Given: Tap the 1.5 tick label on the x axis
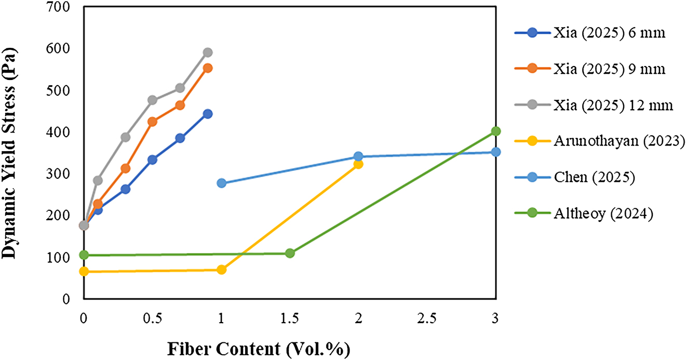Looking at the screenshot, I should (x=289, y=318).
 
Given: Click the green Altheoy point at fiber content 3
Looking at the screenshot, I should (x=495, y=131).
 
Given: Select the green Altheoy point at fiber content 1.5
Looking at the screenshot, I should (x=290, y=253).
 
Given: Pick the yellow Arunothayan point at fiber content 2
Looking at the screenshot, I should (x=358, y=164).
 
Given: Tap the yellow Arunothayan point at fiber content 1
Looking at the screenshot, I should (x=221, y=270).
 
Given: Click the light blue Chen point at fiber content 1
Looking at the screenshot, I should (x=221, y=183).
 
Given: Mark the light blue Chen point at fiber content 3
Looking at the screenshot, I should (x=495, y=152).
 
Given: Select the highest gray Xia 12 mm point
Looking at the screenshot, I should (x=208, y=52).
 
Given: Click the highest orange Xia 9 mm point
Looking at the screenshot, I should (x=208, y=68).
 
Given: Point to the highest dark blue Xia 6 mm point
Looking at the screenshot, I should (x=208, y=114).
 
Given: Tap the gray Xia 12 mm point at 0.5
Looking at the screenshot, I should (x=152, y=100).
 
